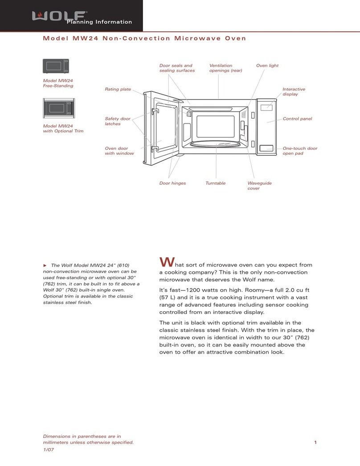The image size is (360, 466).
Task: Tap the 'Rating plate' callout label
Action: [118, 89]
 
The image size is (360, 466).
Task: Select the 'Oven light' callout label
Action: [267, 66]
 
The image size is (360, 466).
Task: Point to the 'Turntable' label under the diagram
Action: [216, 183]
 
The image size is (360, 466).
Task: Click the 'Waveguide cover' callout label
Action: [259, 186]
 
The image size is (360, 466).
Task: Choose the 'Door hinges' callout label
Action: [172, 183]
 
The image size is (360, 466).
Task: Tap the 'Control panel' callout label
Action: [297, 119]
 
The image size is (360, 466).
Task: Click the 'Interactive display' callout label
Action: [294, 92]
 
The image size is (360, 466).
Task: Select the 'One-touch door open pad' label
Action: [300, 151]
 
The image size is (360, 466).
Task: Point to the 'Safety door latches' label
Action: [118, 121]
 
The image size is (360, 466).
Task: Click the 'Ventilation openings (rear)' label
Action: [226, 68]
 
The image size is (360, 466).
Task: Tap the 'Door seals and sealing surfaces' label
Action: [177, 68]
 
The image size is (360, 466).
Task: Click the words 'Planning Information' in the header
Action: [99, 22]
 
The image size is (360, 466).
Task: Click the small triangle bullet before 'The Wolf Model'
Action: [45, 265]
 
